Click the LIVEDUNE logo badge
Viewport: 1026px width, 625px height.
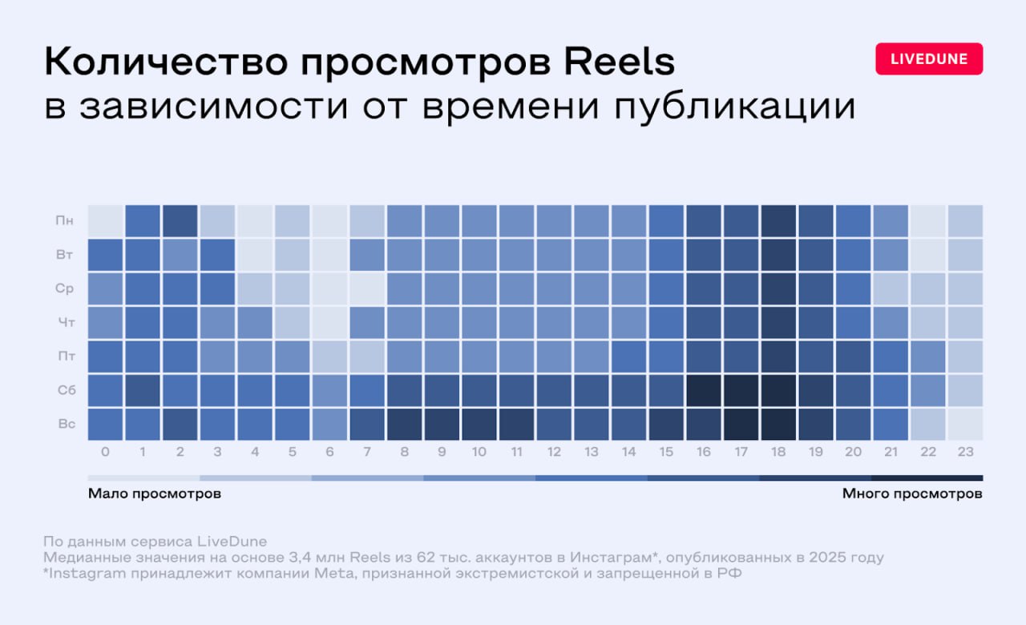point(929,58)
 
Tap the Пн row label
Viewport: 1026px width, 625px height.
point(67,220)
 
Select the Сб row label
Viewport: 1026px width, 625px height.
point(67,389)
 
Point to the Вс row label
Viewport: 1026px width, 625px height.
point(67,423)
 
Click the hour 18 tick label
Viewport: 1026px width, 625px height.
point(778,453)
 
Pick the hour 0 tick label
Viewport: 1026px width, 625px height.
point(105,453)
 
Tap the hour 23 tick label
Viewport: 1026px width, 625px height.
point(965,453)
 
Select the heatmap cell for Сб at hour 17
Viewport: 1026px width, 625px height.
point(741,389)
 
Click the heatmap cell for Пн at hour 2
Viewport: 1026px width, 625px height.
point(180,220)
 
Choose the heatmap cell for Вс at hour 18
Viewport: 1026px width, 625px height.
point(778,423)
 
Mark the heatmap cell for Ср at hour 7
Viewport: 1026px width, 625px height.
point(367,288)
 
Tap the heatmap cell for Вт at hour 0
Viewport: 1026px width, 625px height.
point(105,254)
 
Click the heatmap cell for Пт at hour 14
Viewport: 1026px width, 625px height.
point(628,356)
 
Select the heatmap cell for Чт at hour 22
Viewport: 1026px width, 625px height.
point(928,322)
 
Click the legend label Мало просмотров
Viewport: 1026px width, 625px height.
point(154,494)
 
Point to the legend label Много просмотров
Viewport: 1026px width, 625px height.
point(911,494)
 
